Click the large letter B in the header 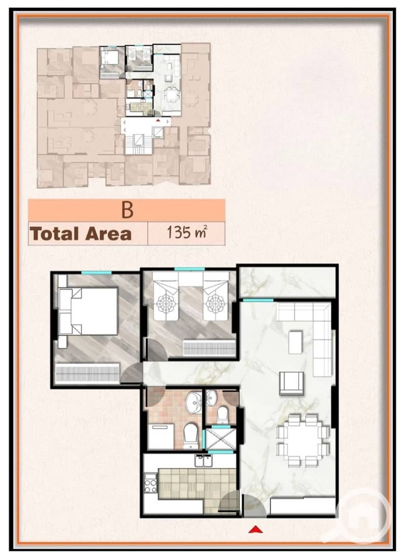click(127, 210)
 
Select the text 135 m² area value click(187, 233)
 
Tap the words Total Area click(81, 234)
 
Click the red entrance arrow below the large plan click(255, 530)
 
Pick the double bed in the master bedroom click(88, 311)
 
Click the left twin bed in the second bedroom click(166, 296)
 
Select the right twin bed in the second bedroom click(215, 296)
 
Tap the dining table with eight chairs click(303, 440)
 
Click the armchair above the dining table click(291, 383)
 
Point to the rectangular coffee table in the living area click(295, 342)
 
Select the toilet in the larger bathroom click(192, 436)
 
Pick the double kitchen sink click(203, 461)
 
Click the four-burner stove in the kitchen click(151, 483)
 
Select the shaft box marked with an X click(220, 439)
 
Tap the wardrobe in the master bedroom click(87, 373)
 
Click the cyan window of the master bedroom click(96, 272)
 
